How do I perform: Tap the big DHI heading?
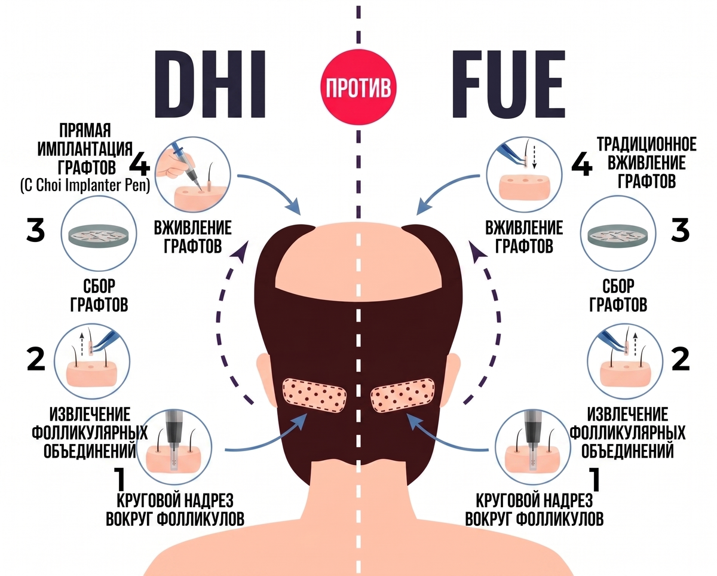click(x=210, y=85)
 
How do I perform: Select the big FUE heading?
click(x=508, y=85)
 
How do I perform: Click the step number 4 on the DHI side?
click(x=139, y=166)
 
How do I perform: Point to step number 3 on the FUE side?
click(x=680, y=230)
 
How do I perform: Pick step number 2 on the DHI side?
click(x=36, y=359)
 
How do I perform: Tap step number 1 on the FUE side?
click(x=595, y=479)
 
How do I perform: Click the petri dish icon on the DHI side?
click(x=99, y=235)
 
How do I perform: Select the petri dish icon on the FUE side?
click(x=618, y=235)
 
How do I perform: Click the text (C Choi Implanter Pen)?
click(x=85, y=185)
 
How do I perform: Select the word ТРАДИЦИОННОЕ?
click(x=646, y=145)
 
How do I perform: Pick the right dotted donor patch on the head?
click(x=403, y=395)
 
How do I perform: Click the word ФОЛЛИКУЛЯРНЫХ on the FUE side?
click(x=627, y=433)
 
